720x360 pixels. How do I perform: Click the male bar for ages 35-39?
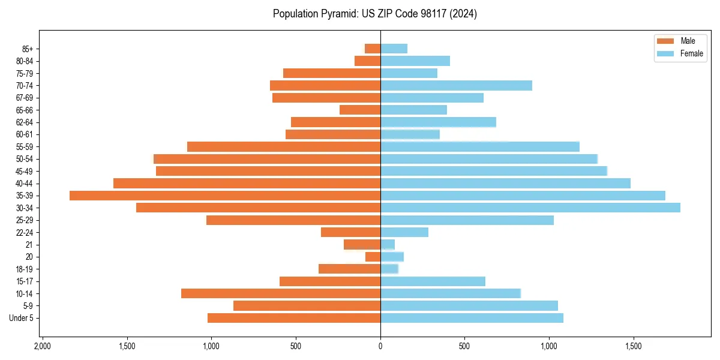pos(225,196)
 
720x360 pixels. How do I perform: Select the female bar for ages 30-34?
pos(530,208)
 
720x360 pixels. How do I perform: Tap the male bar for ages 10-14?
pos(281,293)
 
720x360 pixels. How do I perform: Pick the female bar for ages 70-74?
pos(456,86)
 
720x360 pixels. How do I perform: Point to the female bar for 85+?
pos(394,49)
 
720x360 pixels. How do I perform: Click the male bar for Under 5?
pos(294,318)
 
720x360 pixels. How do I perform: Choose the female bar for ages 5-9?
pos(469,305)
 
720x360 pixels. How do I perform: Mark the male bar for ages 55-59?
pos(284,146)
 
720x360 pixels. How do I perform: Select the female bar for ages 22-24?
pos(404,232)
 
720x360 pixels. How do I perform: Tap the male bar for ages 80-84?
pos(367,61)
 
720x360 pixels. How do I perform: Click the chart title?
pos(375,14)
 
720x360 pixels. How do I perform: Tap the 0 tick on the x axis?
pos(380,346)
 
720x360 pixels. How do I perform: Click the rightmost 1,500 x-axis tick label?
pos(634,346)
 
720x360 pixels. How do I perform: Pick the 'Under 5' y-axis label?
pos(21,318)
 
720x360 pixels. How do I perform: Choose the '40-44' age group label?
pos(24,184)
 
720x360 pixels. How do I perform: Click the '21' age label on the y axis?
pos(29,245)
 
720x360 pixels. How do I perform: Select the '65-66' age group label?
pos(24,110)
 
